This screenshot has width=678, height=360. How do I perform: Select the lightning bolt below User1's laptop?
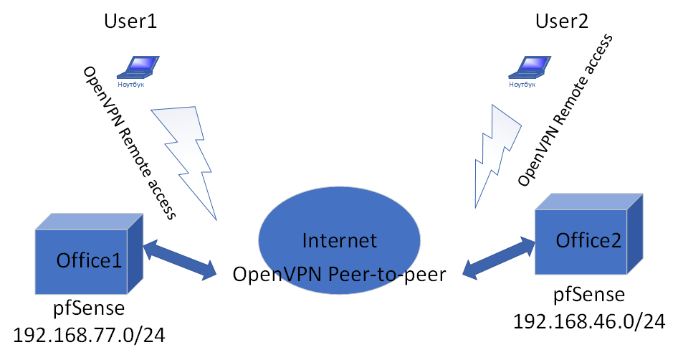pyautogui.click(x=184, y=154)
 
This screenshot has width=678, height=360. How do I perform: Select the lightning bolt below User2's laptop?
pyautogui.click(x=495, y=153)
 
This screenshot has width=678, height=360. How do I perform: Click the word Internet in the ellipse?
pyautogui.click(x=339, y=240)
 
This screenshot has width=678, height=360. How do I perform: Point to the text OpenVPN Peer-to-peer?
pyautogui.click(x=339, y=274)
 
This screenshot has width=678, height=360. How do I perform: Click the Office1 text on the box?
pyautogui.click(x=90, y=261)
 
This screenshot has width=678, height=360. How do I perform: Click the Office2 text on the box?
pyautogui.click(x=589, y=239)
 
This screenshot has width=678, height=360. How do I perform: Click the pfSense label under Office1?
pyautogui.click(x=90, y=310)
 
